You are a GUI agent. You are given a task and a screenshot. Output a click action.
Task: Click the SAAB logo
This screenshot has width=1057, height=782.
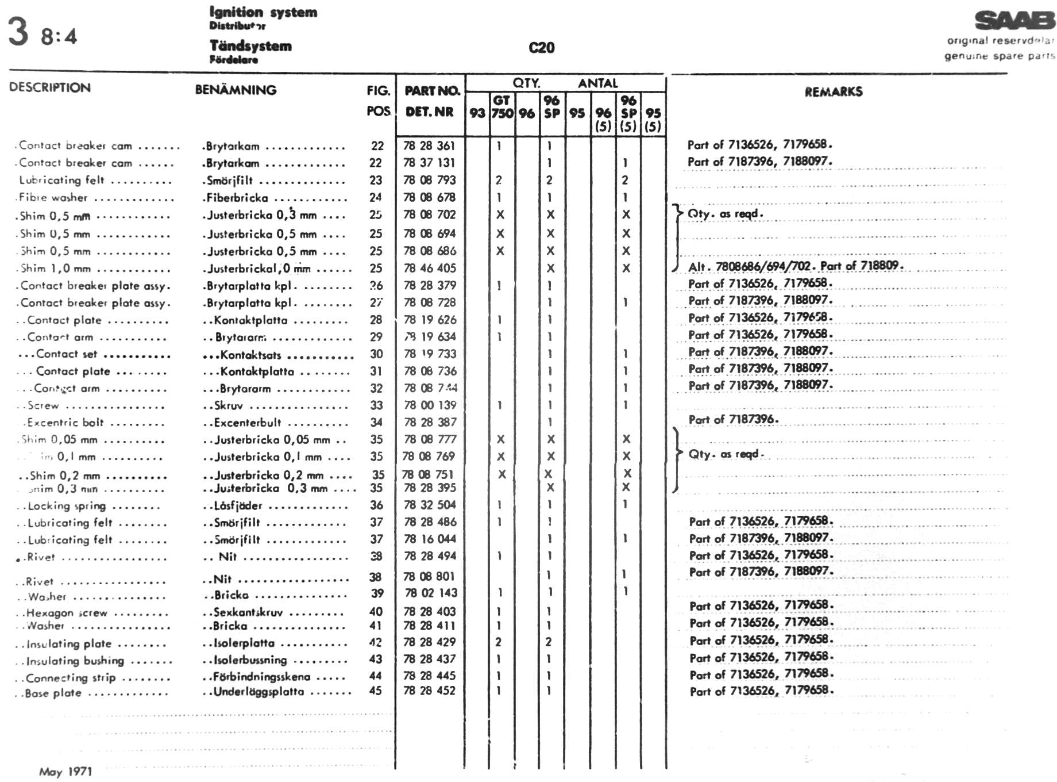(x=1015, y=21)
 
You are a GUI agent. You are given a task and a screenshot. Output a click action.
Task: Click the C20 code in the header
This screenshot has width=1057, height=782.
(x=541, y=48)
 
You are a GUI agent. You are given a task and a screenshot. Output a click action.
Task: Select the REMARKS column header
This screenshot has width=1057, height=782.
(x=833, y=91)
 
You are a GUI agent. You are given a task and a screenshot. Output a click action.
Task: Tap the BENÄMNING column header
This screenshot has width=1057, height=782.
(x=236, y=90)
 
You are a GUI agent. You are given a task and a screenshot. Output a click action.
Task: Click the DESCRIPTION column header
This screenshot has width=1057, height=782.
(x=50, y=87)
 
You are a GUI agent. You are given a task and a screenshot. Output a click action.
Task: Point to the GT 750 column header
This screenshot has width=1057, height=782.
(x=502, y=107)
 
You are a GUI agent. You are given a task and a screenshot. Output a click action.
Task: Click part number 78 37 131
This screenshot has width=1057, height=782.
(x=429, y=163)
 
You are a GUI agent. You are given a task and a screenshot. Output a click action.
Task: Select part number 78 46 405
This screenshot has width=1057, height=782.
(x=429, y=268)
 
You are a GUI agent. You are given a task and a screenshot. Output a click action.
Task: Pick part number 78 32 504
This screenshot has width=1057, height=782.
(x=429, y=505)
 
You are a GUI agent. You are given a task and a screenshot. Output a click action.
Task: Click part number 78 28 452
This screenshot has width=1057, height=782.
(x=429, y=690)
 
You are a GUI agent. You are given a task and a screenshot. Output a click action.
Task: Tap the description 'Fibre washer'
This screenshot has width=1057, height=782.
(x=53, y=198)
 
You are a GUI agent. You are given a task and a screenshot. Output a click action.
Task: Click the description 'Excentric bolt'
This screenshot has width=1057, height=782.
(x=65, y=423)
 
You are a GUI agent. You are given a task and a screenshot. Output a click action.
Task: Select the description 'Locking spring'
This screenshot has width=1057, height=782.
(x=67, y=506)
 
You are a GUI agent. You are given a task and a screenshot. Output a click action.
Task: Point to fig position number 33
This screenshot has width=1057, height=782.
(x=376, y=405)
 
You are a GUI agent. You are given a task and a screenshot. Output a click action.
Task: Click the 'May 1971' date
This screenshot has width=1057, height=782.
(x=65, y=772)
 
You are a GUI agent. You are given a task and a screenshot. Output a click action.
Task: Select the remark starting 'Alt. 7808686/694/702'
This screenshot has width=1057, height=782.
(x=796, y=266)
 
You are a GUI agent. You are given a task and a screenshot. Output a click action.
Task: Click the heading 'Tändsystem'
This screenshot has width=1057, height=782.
(x=250, y=46)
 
